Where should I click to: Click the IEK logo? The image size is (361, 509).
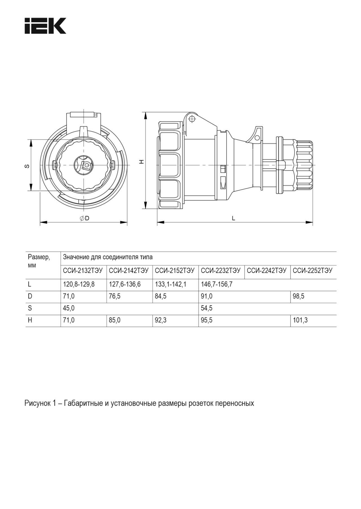(45, 26)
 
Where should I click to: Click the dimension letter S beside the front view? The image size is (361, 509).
(27, 166)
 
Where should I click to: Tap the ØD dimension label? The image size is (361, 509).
(84, 218)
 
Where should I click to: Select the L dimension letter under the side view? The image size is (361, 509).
(233, 218)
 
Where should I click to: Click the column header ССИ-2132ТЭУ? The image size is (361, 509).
(83, 271)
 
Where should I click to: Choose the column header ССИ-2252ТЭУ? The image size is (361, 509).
(312, 271)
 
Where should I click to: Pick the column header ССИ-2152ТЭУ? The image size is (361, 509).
(175, 271)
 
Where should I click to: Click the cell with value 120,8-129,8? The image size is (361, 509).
(79, 284)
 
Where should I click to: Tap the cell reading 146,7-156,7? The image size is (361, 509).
(217, 284)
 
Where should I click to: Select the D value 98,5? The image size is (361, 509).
(298, 297)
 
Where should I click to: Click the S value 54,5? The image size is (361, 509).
(206, 308)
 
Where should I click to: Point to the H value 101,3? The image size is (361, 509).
(300, 321)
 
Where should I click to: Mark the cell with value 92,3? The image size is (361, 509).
(160, 321)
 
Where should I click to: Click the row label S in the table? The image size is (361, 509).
(30, 308)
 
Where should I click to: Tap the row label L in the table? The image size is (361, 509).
(29, 284)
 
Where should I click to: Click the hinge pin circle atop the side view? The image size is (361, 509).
(192, 119)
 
